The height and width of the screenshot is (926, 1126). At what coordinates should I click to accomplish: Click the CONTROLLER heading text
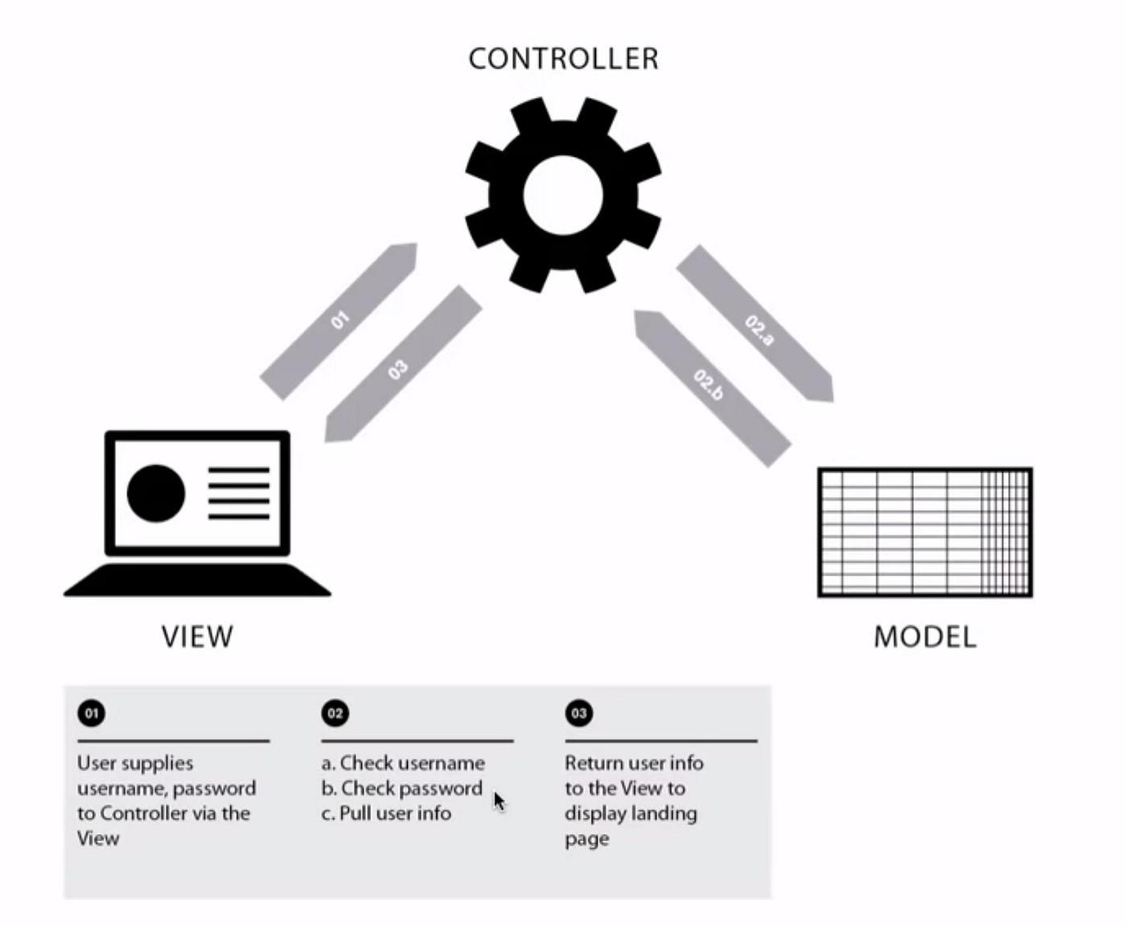(x=563, y=59)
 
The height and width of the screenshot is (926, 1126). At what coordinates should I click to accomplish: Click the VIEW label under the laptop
(x=197, y=636)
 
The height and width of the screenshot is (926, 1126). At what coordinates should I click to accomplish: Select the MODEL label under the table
(x=925, y=636)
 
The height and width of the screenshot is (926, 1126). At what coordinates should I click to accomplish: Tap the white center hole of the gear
(x=563, y=195)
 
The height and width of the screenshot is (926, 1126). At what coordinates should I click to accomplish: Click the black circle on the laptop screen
(x=156, y=493)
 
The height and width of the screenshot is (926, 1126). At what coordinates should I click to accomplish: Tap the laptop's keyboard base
(x=197, y=581)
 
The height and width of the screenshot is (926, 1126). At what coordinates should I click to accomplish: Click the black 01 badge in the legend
(x=92, y=713)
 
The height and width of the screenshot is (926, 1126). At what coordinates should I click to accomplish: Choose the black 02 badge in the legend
(x=335, y=713)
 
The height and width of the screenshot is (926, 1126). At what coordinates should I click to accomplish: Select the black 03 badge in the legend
(x=579, y=713)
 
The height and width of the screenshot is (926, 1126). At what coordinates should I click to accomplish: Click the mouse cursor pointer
(x=499, y=801)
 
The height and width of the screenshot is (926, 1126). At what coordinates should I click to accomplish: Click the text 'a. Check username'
(x=403, y=763)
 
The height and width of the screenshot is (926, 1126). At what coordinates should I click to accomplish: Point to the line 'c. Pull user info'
(x=386, y=813)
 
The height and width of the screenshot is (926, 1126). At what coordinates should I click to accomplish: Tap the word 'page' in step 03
(x=586, y=839)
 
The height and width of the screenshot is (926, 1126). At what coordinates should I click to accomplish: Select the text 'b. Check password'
(x=401, y=788)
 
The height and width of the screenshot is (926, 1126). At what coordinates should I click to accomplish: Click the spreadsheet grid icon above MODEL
(x=925, y=533)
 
